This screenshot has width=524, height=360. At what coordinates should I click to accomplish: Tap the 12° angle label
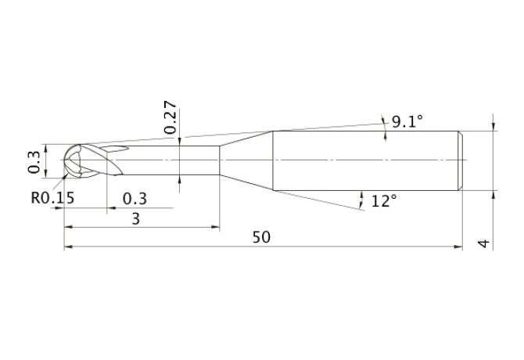pos(384,201)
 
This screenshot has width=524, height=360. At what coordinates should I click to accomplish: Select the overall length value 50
pos(261,238)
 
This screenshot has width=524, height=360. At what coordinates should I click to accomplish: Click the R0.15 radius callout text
pos(52,198)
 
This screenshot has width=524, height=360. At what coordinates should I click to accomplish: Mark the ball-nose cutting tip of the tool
pos(77,161)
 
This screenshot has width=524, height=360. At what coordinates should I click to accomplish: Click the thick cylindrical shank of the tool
pos(364,160)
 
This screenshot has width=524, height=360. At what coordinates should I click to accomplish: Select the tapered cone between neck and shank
pos(246,160)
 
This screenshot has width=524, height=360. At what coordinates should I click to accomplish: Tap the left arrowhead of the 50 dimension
pos(68,247)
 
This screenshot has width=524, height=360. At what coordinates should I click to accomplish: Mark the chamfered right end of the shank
pos(460,160)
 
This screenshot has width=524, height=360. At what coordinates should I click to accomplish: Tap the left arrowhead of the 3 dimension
pos(68,228)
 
